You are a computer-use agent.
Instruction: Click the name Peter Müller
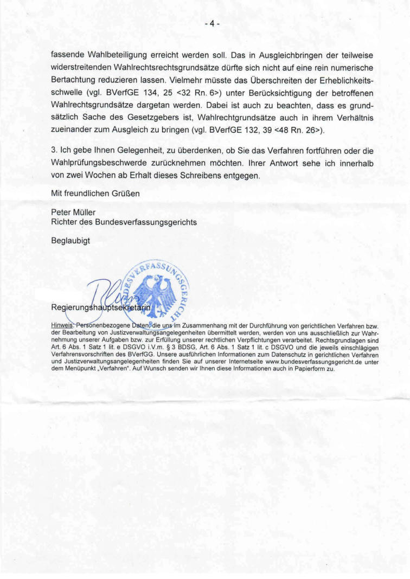tap(73, 213)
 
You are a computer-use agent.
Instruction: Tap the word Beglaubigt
tap(71, 240)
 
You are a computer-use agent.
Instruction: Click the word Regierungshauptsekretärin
tap(101, 308)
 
